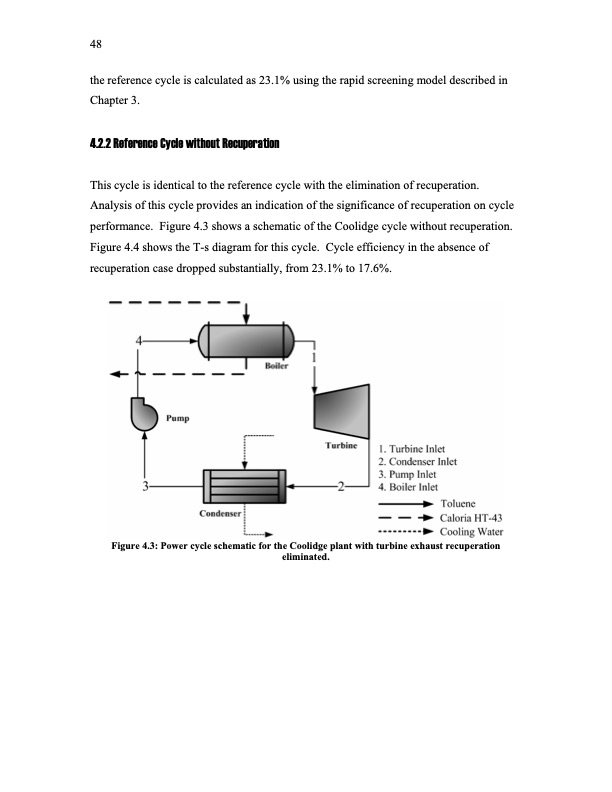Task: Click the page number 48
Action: pyautogui.click(x=96, y=43)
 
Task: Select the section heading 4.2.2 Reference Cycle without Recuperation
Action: pyautogui.click(x=184, y=144)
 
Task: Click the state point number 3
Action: pyautogui.click(x=146, y=487)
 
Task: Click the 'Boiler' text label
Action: pyautogui.click(x=277, y=367)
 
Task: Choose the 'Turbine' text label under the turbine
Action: pyautogui.click(x=341, y=443)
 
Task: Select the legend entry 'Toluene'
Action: pyautogui.click(x=464, y=503)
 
